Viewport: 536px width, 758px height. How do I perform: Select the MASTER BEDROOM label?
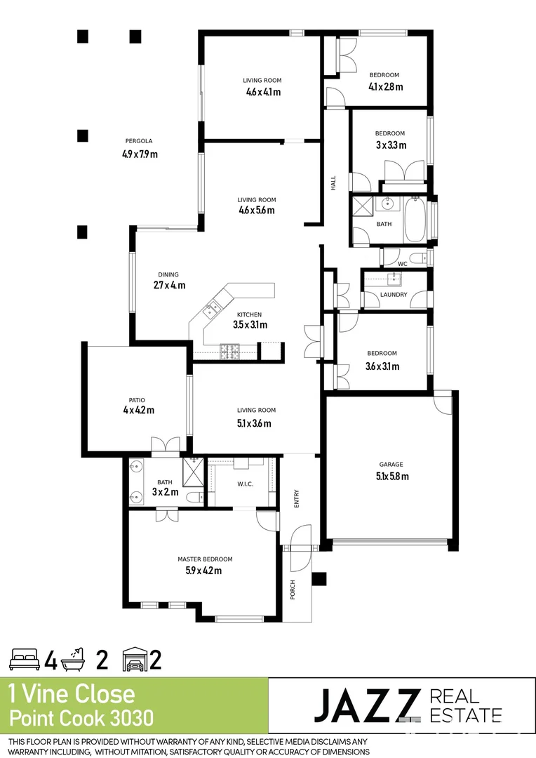click(205, 559)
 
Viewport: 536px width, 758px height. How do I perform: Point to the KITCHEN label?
click(249, 314)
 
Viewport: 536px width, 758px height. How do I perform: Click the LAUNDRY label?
click(394, 295)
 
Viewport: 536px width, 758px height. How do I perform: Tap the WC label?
click(403, 264)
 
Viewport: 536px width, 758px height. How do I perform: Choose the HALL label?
click(334, 182)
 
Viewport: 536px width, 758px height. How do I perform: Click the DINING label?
click(168, 274)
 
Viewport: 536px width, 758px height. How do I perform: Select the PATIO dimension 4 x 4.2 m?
click(138, 411)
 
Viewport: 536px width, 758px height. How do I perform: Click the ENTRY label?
click(297, 499)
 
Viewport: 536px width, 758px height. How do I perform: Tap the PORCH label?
click(293, 590)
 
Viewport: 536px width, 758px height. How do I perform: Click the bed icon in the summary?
click(25, 660)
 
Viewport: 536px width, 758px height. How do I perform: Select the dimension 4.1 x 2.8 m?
click(386, 87)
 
